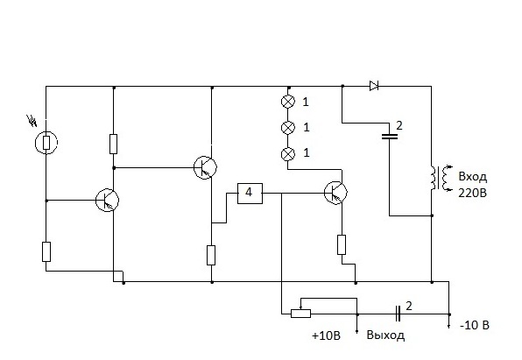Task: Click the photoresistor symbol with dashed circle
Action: [x=46, y=143]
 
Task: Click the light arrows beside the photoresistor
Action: [x=32, y=121]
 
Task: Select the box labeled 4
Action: [x=250, y=194]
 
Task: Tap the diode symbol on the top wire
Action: [x=374, y=86]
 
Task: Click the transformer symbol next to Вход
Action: [x=441, y=178]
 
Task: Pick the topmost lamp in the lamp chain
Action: [x=288, y=102]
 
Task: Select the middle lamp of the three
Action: [x=288, y=127]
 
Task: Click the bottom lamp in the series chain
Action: [x=288, y=153]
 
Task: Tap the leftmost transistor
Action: [x=107, y=201]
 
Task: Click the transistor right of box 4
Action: [x=335, y=193]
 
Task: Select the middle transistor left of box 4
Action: [x=205, y=167]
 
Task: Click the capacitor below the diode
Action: [x=389, y=136]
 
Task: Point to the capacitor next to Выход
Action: [x=398, y=314]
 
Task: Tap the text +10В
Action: [x=326, y=335]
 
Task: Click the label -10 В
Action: [x=475, y=325]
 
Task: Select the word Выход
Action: [x=386, y=335]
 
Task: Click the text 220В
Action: [x=472, y=193]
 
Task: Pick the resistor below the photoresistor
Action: [x=46, y=251]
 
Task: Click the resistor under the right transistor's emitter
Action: [x=342, y=244]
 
